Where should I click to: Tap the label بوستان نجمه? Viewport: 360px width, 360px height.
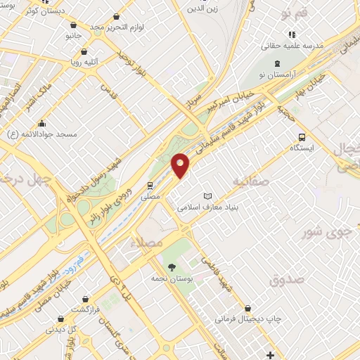(x=172, y=279)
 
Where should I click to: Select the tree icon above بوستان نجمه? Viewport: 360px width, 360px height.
(x=172, y=266)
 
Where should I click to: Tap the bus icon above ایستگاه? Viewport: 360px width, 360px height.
(x=302, y=137)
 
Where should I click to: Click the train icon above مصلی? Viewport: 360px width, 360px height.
(x=150, y=186)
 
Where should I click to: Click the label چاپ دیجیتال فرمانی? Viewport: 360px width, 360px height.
(x=247, y=319)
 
